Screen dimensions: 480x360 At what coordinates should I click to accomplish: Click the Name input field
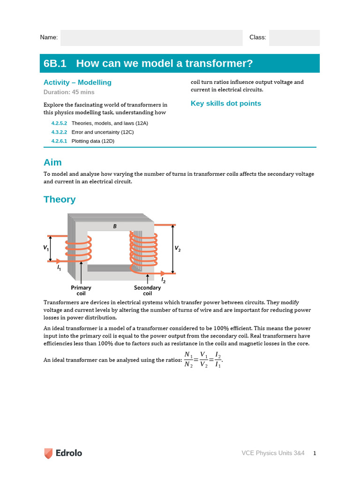coord(151,37)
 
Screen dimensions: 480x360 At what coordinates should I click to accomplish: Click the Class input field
coord(294,37)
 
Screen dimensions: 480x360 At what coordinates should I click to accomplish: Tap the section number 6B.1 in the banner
coord(55,63)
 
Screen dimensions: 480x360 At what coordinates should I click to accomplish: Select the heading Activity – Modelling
coord(77,82)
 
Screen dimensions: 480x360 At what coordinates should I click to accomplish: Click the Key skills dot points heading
coord(225,104)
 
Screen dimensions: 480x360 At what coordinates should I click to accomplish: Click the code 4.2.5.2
coord(59,123)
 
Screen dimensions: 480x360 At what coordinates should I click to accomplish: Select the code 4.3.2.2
coord(59,132)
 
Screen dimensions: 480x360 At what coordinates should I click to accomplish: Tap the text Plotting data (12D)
coord(93,141)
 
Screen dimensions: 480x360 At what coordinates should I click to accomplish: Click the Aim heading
coord(52,163)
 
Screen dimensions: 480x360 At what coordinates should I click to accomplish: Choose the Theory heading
coord(60,199)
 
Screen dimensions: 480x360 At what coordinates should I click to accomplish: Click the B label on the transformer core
coord(115,226)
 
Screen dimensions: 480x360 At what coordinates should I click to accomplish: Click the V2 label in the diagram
coord(177,249)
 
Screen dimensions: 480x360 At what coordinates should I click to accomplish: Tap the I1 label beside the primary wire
coord(59,268)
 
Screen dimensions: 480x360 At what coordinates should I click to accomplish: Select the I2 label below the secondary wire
coord(163,280)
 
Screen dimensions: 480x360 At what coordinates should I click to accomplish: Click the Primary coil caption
coord(81,291)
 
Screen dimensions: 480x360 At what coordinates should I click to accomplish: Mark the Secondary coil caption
coord(147,291)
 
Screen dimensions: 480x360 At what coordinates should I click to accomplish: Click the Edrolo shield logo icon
coord(48,453)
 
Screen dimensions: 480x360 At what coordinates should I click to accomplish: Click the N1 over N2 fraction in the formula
coord(188,360)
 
